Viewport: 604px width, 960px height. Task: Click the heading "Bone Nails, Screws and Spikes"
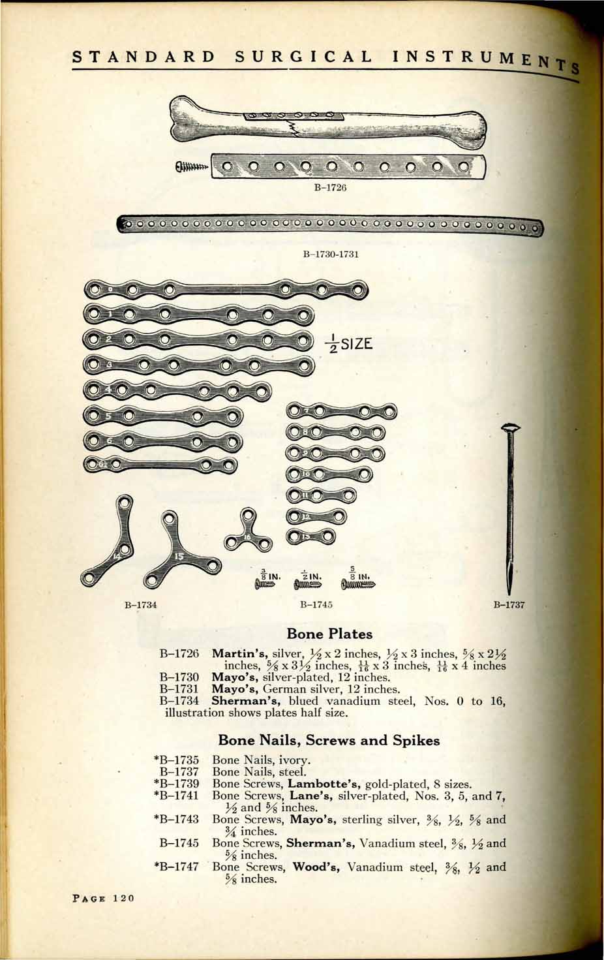point(329,740)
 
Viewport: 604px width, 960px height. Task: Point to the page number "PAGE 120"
point(100,898)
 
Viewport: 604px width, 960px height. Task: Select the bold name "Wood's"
point(317,867)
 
